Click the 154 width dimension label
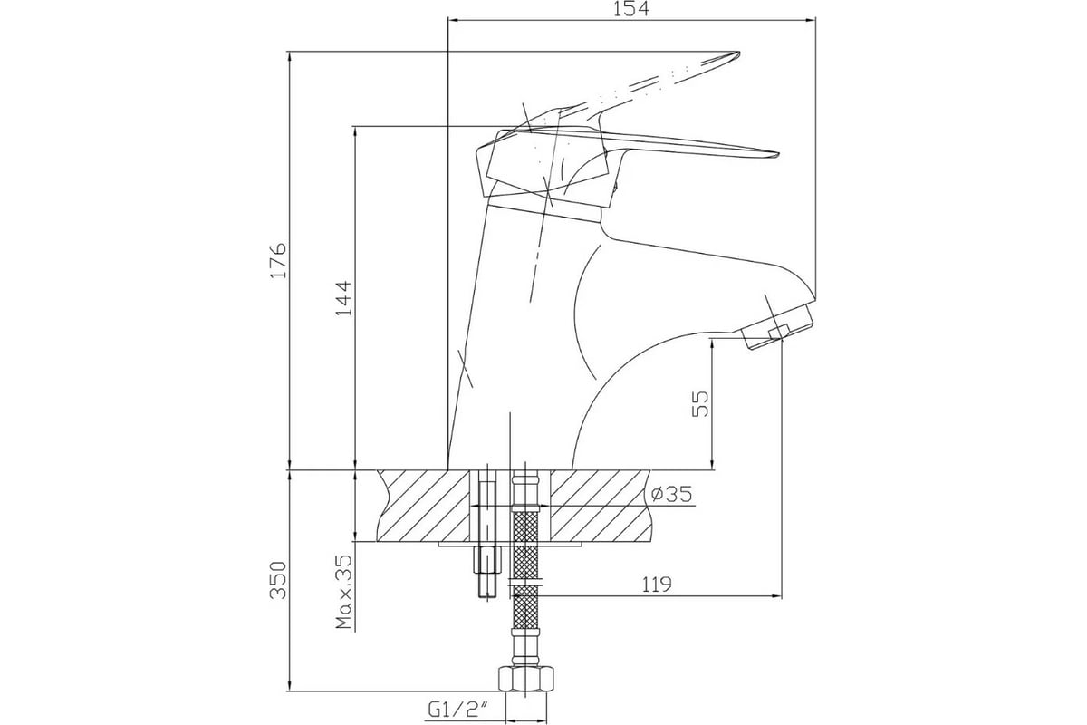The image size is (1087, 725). pyautogui.click(x=631, y=9)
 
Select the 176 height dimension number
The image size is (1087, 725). pyautogui.click(x=279, y=260)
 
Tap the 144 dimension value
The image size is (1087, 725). pyautogui.click(x=344, y=298)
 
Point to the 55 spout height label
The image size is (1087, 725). pyautogui.click(x=699, y=404)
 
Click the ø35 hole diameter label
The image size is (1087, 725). pyautogui.click(x=671, y=494)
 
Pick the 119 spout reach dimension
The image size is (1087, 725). pyautogui.click(x=657, y=585)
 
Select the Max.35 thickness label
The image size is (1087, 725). pyautogui.click(x=343, y=592)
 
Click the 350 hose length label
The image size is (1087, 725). pyautogui.click(x=279, y=581)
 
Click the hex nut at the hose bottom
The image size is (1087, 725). pyautogui.click(x=526, y=680)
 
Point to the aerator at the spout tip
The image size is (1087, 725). pyautogui.click(x=772, y=326)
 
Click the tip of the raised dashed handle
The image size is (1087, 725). pyautogui.click(x=738, y=52)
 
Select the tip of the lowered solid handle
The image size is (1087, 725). pyautogui.click(x=778, y=155)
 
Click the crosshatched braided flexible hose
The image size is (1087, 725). pyautogui.click(x=525, y=569)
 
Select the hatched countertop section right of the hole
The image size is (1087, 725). pyautogui.click(x=600, y=506)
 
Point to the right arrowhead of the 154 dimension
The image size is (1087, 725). pyautogui.click(x=810, y=20)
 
